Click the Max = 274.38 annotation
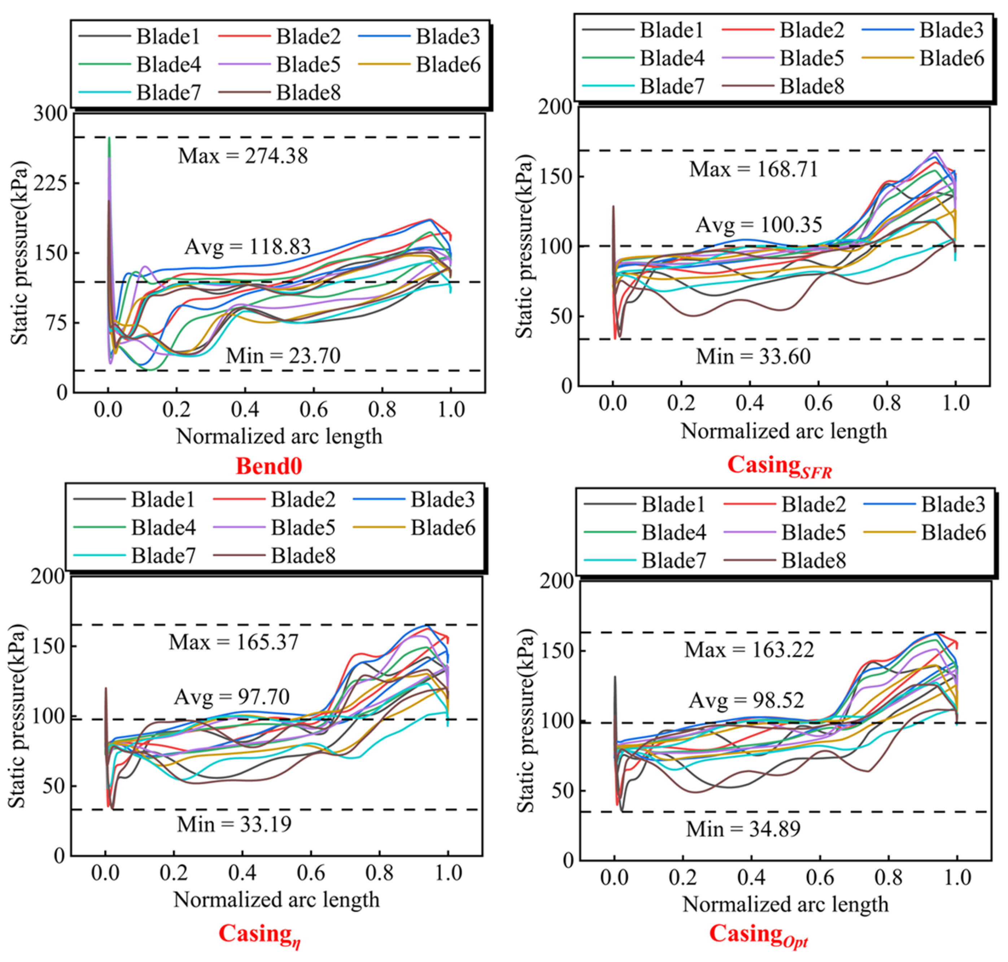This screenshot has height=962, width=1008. click(243, 156)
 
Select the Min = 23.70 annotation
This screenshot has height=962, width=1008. click(283, 356)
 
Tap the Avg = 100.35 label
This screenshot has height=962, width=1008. click(759, 225)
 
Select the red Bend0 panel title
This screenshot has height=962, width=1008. click(269, 466)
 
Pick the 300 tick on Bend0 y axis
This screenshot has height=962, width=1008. click(50, 113)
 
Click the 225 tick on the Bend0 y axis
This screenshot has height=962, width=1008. click(50, 183)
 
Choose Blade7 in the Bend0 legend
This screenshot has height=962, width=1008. click(168, 93)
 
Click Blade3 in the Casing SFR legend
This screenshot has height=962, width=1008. click(952, 30)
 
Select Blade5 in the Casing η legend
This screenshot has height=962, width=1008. click(303, 528)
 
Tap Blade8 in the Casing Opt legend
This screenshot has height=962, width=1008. click(813, 560)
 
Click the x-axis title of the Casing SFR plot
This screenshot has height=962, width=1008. click(784, 431)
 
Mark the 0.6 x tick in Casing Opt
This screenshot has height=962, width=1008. click(820, 877)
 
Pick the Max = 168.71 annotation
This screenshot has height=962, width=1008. click(754, 169)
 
